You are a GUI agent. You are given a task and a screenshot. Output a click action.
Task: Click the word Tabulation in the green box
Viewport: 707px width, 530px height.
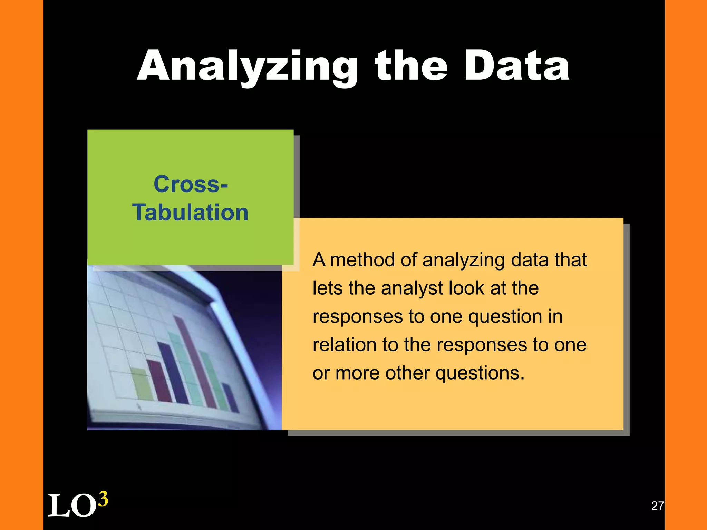[x=191, y=212]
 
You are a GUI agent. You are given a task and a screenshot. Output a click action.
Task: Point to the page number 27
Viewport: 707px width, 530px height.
[x=657, y=506]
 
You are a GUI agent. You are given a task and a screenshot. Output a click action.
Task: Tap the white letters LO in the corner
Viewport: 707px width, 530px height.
[x=72, y=506]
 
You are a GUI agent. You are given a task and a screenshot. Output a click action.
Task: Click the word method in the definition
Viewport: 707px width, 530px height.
[x=362, y=260]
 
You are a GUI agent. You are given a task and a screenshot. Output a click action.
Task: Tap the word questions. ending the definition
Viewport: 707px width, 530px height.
[x=480, y=373]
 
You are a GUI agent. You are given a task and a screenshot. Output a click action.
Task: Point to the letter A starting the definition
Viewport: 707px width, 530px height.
[x=319, y=260]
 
